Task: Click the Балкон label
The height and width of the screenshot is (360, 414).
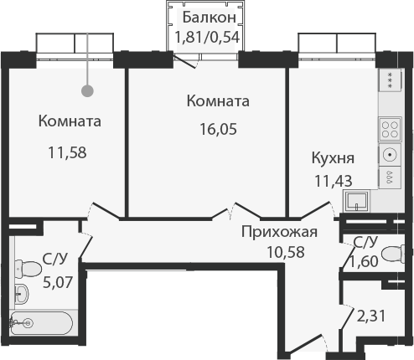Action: [x=210, y=18]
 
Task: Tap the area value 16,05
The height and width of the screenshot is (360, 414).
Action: [x=218, y=129]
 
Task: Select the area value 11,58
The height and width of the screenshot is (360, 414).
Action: [x=67, y=152]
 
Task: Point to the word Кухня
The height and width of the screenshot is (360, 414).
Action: [x=333, y=158]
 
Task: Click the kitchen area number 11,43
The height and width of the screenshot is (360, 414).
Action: [x=334, y=181]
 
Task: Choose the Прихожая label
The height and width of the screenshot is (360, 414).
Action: [x=279, y=232]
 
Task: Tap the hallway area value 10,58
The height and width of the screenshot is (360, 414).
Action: [x=286, y=252]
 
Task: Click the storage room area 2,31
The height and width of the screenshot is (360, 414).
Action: [x=371, y=316]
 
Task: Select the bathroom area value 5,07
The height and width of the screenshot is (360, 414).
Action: [x=58, y=282]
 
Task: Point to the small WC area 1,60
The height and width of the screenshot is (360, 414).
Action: [x=364, y=261]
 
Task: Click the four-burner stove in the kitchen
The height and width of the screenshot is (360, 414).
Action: [x=390, y=130]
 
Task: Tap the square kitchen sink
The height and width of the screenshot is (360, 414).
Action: [x=356, y=201]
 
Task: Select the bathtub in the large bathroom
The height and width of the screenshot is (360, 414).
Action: [x=41, y=323]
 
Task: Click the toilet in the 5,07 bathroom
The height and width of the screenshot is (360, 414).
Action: [x=28, y=270]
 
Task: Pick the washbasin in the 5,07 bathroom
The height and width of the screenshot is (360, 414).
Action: [x=22, y=294]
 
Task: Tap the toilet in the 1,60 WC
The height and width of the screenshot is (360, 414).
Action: [x=393, y=254]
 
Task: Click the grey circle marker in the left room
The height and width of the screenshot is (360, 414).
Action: [x=87, y=90]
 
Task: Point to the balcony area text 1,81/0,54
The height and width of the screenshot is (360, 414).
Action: [x=207, y=37]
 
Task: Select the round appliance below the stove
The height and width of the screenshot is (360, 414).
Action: [x=390, y=155]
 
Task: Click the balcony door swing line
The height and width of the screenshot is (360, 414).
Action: [x=184, y=61]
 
